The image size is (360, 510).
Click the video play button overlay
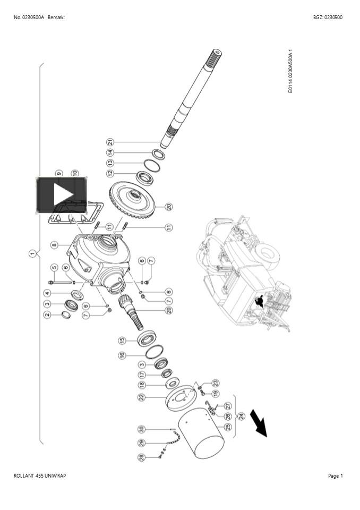[62, 194]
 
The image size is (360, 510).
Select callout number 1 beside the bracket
[32, 254]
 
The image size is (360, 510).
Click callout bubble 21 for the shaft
[110, 142]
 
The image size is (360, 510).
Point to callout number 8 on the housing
[54, 245]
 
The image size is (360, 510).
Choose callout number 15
[122, 340]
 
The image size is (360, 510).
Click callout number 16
[122, 355]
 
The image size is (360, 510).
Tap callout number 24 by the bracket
[242, 415]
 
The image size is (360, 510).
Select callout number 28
[142, 457]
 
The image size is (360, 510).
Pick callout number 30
[141, 429]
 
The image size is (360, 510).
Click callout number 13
[110, 163]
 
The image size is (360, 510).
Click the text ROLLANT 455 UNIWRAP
[40, 475]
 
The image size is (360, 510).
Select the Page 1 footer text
[335, 475]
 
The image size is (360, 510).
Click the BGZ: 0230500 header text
[328, 18]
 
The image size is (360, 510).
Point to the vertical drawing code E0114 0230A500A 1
[290, 72]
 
